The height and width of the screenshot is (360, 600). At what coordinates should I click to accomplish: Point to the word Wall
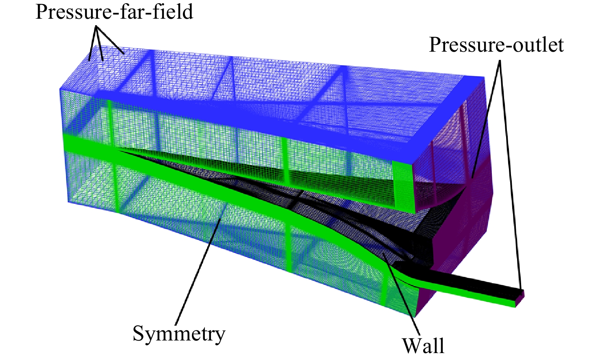click(424, 346)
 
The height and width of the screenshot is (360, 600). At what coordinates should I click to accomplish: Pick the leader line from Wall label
click(401, 294)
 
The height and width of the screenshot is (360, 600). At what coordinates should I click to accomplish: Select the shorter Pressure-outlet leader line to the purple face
click(485, 119)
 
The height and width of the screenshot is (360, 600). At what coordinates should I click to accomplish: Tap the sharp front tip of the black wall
click(117, 151)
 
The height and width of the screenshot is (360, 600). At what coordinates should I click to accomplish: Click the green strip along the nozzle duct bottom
click(455, 295)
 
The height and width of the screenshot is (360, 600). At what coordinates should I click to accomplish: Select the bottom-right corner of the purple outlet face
click(414, 317)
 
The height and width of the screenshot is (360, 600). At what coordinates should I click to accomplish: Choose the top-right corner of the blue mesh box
click(484, 77)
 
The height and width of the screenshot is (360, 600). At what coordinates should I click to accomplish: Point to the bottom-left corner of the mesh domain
click(68, 202)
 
